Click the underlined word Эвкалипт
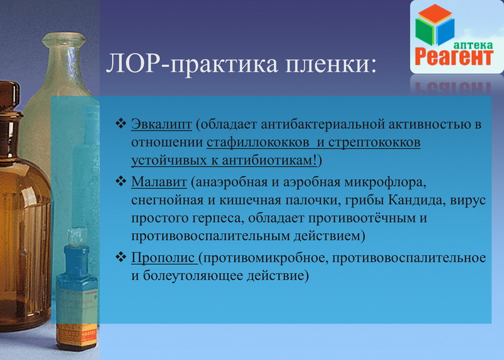click(x=161, y=124)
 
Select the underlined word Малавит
click(x=159, y=182)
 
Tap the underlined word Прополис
click(x=163, y=258)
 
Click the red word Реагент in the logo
click(x=454, y=56)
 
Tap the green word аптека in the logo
click(x=473, y=45)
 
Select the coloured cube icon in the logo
click(x=435, y=25)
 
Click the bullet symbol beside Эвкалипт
click(x=121, y=123)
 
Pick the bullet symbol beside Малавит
click(x=121, y=181)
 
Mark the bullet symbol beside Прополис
click(x=121, y=257)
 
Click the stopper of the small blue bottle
click(x=77, y=237)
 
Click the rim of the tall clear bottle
click(x=64, y=39)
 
